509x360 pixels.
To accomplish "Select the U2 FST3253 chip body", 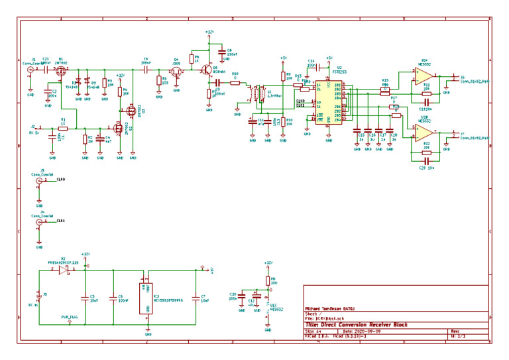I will click(329, 103).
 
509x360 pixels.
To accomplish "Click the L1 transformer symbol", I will click(258, 96).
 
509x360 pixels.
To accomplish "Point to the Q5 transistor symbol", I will click(207, 70).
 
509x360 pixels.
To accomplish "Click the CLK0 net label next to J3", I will click(60, 180).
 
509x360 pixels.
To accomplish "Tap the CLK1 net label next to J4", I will click(60, 220).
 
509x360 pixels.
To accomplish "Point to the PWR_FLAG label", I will click(70, 318).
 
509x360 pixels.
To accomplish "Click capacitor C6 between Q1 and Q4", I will click(146, 68).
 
